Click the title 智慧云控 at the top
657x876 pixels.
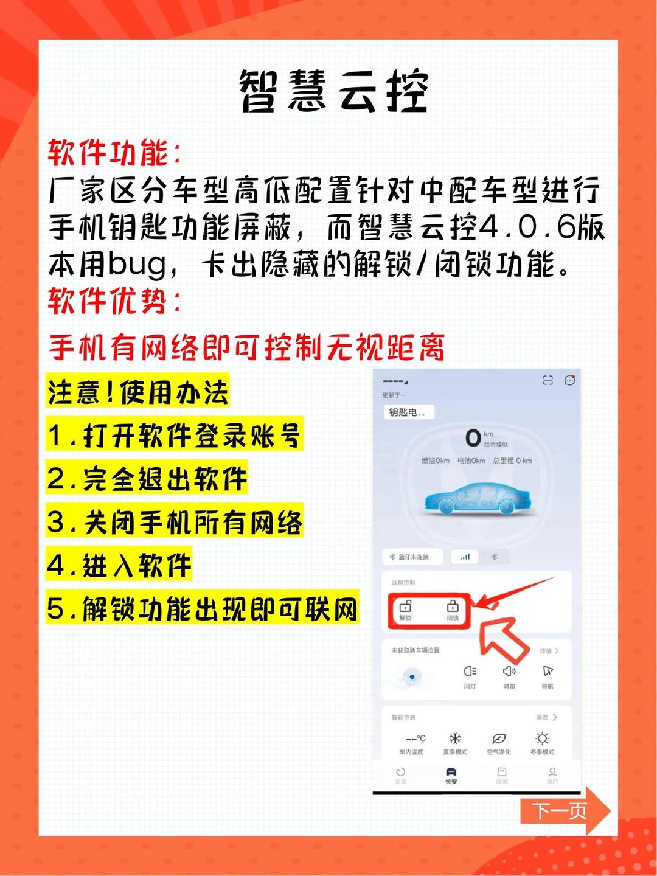click(333, 91)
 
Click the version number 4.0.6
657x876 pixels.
click(527, 228)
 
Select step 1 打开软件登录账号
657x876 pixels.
click(175, 436)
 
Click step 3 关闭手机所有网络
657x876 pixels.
click(175, 523)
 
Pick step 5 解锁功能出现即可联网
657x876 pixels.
click(203, 609)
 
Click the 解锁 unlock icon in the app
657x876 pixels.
click(405, 609)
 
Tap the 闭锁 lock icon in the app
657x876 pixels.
click(453, 609)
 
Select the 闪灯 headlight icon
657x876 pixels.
click(470, 672)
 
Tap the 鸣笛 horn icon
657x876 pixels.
click(509, 672)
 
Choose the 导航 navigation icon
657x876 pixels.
click(547, 672)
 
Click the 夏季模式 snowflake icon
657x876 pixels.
click(455, 739)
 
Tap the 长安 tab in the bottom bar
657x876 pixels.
click(451, 775)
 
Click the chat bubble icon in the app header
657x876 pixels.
click(569, 380)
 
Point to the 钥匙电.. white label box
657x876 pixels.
click(408, 412)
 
